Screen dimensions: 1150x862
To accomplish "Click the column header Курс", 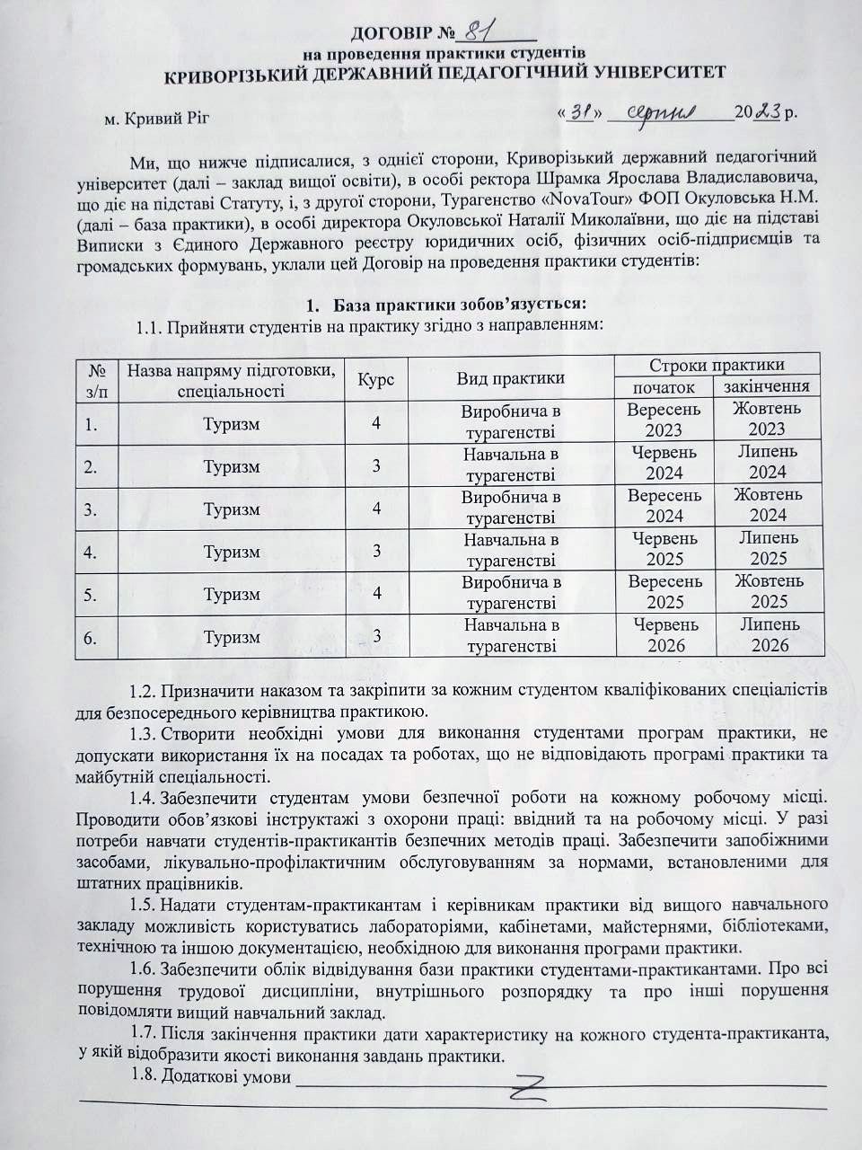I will point(376,377).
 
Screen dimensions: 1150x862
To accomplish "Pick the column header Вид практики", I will point(511,377).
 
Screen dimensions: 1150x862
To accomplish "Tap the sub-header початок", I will point(664,387).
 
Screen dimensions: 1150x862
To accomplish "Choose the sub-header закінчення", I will point(767,387).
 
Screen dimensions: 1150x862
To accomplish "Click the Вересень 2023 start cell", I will point(664,420).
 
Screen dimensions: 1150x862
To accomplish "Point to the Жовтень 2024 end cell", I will point(768,505).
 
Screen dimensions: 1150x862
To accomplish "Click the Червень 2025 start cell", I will point(664,548).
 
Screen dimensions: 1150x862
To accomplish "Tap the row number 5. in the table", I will point(91,594).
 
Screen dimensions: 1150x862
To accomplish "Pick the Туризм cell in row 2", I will point(232,466).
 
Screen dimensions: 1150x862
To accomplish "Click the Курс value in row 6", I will point(377,636).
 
